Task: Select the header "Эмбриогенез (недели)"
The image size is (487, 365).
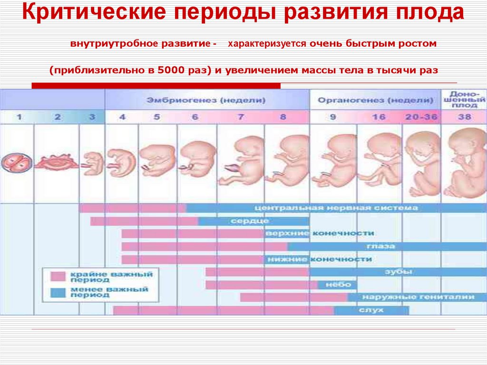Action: coord(206,100)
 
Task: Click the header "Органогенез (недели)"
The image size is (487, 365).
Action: coord(375,100)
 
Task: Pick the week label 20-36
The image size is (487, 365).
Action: coord(421,117)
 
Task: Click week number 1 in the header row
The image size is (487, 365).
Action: coord(19,117)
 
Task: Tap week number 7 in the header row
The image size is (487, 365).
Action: coord(241,117)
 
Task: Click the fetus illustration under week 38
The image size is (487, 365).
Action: coord(464,162)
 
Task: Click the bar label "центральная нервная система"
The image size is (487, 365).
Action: coord(336,208)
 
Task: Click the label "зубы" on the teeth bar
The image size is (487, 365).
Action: coord(404,272)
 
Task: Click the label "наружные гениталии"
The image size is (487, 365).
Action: coord(418,297)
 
